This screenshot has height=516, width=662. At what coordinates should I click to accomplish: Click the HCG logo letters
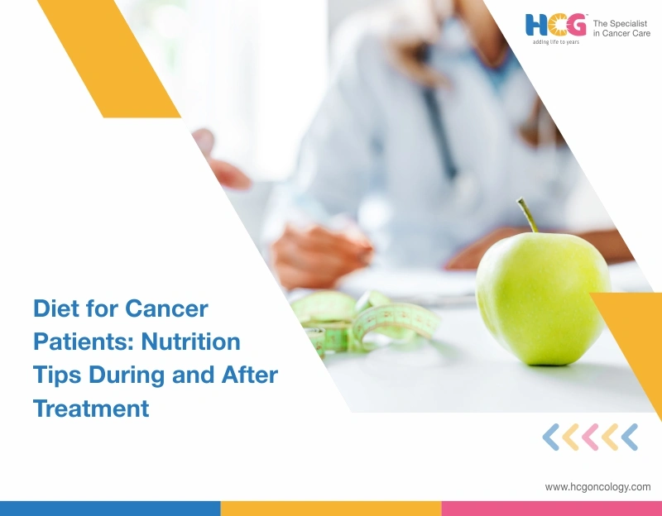[556, 25]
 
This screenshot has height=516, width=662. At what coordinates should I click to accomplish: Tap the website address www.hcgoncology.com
[597, 487]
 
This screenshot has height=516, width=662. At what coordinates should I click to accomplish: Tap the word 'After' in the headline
[248, 375]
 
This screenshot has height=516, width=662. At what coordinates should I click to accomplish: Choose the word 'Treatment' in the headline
[91, 408]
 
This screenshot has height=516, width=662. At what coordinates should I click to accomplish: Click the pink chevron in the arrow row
[591, 437]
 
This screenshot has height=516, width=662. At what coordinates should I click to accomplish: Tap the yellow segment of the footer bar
[331, 508]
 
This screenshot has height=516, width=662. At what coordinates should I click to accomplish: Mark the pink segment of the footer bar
[551, 508]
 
